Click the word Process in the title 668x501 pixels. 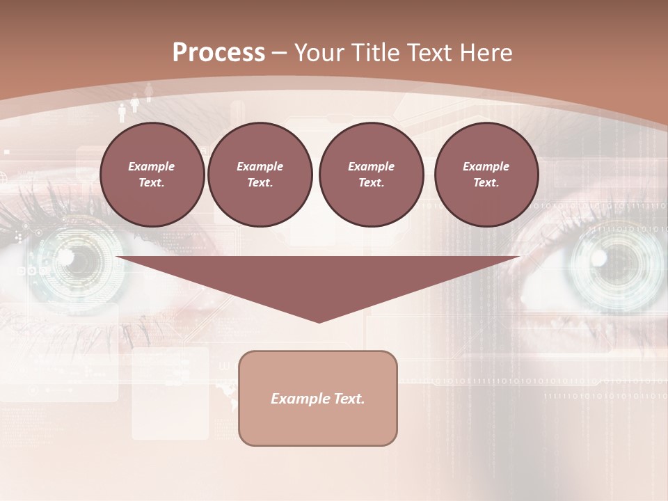click(x=218, y=53)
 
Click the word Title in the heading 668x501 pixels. click(x=376, y=53)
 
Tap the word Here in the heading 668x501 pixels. click(x=486, y=53)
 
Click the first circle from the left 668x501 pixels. click(x=152, y=174)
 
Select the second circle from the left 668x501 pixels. click(x=260, y=174)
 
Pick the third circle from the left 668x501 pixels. click(x=372, y=174)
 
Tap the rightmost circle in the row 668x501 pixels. click(x=486, y=174)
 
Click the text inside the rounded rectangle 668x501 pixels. click(x=318, y=399)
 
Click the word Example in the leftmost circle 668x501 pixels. click(x=152, y=166)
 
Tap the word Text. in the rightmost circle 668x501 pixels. click(x=486, y=183)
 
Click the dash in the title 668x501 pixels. click(x=280, y=53)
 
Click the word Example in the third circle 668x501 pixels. click(x=372, y=166)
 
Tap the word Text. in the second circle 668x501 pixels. click(x=260, y=183)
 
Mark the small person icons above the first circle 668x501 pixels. click(x=135, y=103)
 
